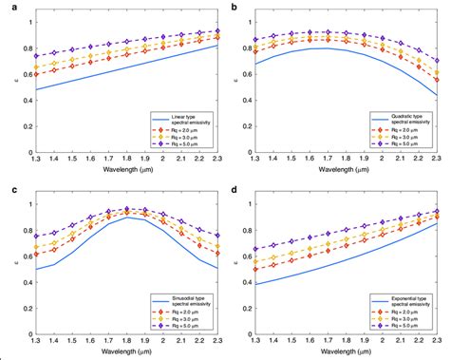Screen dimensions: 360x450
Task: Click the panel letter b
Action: tap(234, 9)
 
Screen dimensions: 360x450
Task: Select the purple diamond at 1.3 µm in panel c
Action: tap(36, 237)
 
